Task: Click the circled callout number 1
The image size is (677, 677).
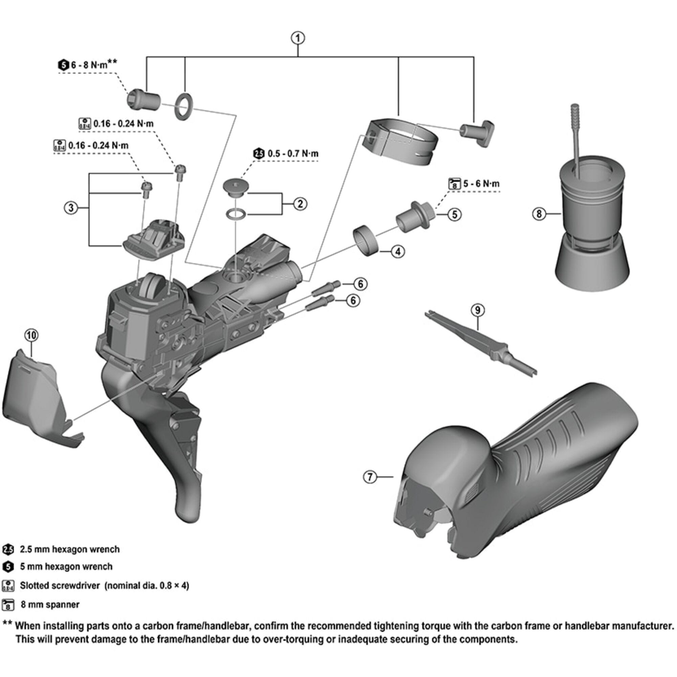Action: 298,38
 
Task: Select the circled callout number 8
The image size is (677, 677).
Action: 539,213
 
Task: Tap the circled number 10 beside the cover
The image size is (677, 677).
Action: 31,335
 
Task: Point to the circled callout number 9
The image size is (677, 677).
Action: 478,310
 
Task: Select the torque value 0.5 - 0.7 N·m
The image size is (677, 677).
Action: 293,153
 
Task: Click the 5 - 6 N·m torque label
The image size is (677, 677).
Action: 481,183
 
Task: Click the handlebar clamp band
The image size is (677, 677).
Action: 403,142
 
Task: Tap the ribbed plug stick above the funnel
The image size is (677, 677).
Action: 576,123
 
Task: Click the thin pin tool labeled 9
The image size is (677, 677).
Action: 480,343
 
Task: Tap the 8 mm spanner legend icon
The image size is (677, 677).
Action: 8,605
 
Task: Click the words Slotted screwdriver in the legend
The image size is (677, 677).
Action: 60,586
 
